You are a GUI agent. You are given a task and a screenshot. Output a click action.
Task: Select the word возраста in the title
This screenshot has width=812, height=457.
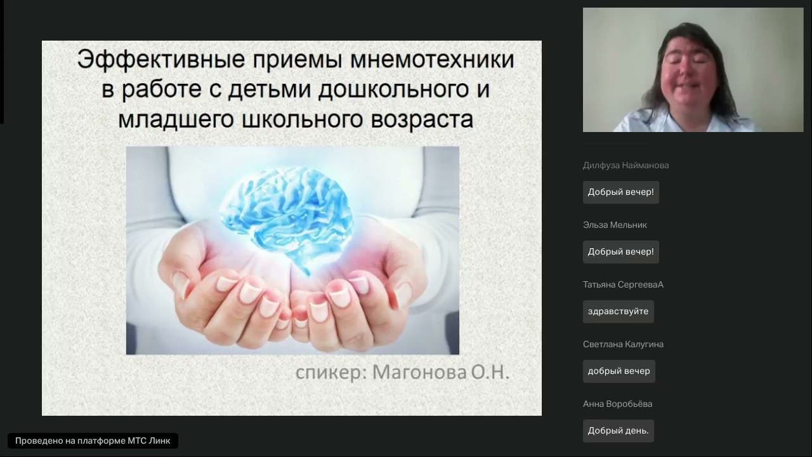point(418,119)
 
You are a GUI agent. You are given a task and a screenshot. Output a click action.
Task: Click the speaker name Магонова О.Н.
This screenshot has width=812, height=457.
point(441,372)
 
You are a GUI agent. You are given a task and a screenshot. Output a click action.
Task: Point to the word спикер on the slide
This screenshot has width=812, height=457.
point(331,372)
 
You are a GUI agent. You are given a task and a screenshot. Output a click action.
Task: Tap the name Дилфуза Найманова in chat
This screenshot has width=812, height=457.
point(625,166)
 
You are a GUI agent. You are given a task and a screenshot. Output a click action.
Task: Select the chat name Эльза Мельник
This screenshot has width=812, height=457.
point(615,225)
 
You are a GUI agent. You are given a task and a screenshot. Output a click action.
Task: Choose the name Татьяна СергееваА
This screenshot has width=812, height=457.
point(623,285)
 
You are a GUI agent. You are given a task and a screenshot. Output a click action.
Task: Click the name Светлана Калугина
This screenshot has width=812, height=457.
point(623,345)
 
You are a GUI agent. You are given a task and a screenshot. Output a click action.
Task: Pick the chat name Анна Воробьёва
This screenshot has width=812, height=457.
point(617,404)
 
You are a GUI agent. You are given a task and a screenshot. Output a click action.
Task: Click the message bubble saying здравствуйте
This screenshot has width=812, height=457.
point(618,312)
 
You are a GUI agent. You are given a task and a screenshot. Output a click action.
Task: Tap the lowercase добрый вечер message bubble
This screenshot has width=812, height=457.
point(619,371)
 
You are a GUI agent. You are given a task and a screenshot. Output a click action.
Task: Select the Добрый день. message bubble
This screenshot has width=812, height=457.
point(618,431)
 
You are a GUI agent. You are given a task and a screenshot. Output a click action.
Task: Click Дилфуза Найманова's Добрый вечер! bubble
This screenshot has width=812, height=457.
point(620,192)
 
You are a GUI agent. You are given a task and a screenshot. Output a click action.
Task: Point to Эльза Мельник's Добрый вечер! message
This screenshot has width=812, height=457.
point(620,252)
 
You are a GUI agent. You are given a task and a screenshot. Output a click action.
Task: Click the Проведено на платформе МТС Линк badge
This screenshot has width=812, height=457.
point(93,441)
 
